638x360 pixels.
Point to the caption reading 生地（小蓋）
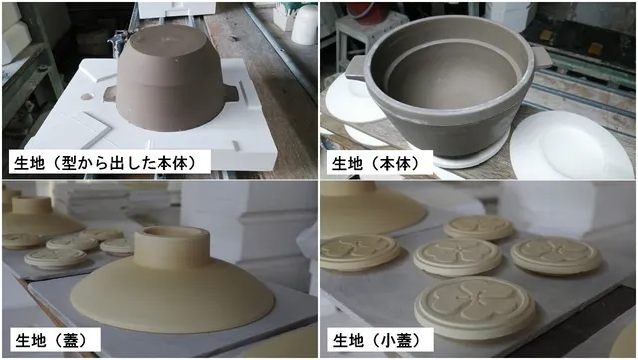click(377, 340)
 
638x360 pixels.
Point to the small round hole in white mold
click(87, 97)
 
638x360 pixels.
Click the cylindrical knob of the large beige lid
click(171, 247)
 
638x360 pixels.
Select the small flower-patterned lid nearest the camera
click(476, 307)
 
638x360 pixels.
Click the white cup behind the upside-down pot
click(304, 24)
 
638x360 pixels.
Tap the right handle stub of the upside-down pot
click(231, 93)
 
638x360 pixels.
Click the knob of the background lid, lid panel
click(31, 204)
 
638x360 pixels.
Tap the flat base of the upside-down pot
click(170, 41)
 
